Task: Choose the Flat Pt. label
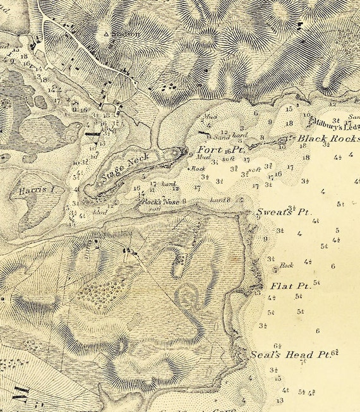pos(289,286)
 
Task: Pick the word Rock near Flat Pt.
pos(287,265)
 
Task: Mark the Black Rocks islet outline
pos(282,138)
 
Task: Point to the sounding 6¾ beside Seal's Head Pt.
pos(334,353)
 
